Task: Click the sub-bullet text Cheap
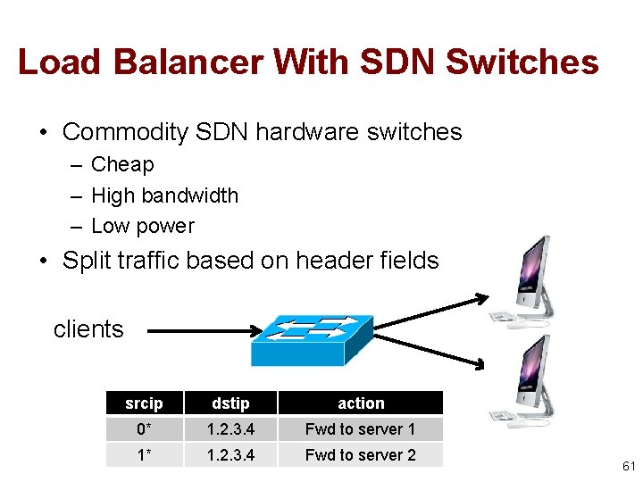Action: (122, 164)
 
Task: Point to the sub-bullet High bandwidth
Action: (164, 195)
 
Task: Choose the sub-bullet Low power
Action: (142, 226)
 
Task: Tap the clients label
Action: (88, 329)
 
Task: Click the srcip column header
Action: (144, 403)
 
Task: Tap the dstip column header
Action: (230, 403)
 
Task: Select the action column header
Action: (360, 403)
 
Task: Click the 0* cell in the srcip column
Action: (144, 429)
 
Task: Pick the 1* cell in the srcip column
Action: (144, 455)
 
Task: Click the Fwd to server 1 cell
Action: (360, 429)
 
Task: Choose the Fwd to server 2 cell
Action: (360, 455)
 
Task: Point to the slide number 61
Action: (629, 466)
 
